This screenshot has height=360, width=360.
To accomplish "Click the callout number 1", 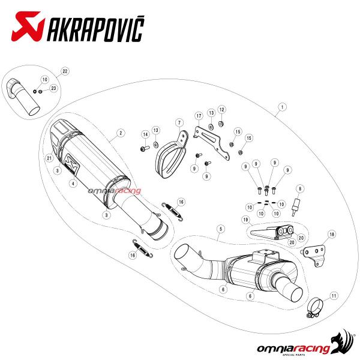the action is (282, 107).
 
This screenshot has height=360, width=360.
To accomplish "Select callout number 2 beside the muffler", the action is (121, 133).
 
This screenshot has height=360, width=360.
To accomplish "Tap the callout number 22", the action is (65, 71).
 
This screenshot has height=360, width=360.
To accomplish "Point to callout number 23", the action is (53, 88).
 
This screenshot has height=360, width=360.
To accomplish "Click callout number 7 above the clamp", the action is (179, 123).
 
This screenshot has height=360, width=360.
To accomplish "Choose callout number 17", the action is (199, 116).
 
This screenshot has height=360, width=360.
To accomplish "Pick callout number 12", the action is (221, 110).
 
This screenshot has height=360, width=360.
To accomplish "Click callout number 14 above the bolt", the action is (145, 134).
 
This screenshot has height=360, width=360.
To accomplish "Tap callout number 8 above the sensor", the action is (300, 189).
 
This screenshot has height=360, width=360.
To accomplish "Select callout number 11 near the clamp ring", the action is (334, 296).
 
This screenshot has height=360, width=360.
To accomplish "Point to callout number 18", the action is (332, 235).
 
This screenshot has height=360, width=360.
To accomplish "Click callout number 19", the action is (245, 220).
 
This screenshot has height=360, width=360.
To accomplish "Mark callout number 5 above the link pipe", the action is (221, 229).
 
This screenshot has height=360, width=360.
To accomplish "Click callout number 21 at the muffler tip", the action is (49, 158).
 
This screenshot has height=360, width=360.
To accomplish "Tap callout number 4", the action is (73, 184).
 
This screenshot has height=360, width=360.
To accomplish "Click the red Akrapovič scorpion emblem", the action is (28, 26).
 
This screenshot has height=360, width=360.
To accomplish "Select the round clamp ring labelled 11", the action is (315, 308).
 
